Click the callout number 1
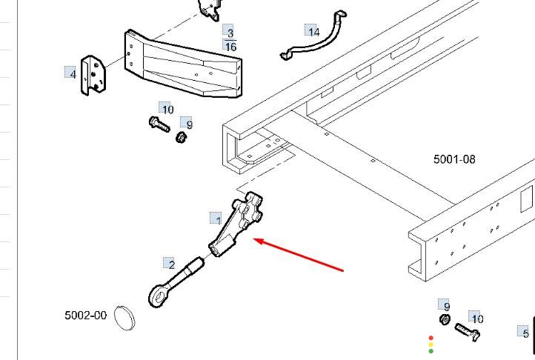point(218,219)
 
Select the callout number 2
point(172,264)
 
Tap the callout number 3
point(230,33)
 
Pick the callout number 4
point(73,74)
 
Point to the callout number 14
point(314,32)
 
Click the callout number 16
point(230,47)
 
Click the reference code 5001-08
point(454,159)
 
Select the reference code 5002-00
point(86,316)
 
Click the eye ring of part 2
point(158,296)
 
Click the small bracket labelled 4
point(93,75)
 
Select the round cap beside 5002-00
point(124,318)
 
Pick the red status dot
point(431,338)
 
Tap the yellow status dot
point(431,344)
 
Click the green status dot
point(431,351)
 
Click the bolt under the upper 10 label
point(159,124)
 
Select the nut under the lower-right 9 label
point(445,319)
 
